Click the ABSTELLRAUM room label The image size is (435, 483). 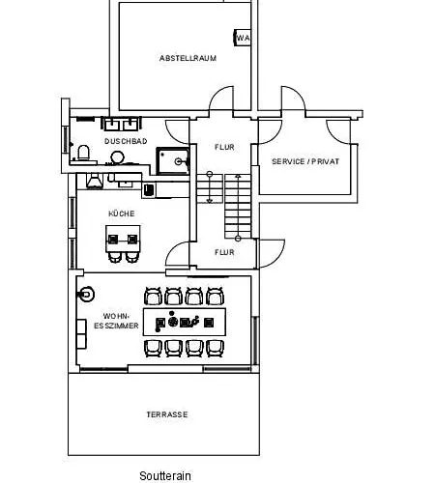188,58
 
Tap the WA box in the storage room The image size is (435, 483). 243,38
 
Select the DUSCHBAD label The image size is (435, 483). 126,141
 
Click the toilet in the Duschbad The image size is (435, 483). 83,153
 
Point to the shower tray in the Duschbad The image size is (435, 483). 173,160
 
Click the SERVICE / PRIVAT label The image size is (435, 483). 305,161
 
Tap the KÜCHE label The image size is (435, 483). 122,213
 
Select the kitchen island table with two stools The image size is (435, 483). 123,243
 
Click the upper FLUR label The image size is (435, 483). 224,147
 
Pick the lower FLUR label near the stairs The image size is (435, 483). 224,252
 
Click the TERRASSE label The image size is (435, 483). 167,414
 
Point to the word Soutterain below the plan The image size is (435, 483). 165,475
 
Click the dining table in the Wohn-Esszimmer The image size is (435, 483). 185,322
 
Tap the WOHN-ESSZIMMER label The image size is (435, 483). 116,321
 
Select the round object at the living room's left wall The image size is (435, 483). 86,294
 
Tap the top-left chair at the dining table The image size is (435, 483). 153,297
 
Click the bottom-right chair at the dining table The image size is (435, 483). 215,349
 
